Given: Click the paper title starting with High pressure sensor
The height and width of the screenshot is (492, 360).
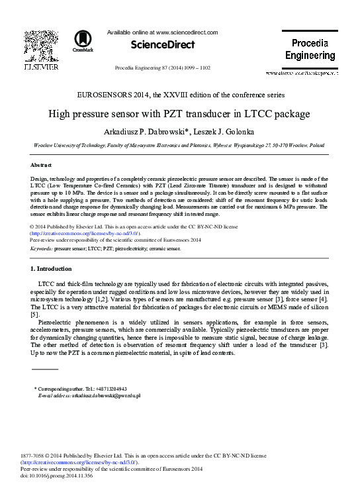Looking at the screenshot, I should pyautogui.click(x=179, y=114).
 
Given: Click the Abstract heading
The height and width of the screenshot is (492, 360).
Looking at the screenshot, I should pyautogui.click(x=42, y=164).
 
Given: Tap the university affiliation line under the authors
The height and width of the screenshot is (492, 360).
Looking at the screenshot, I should pyautogui.click(x=179, y=144).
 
